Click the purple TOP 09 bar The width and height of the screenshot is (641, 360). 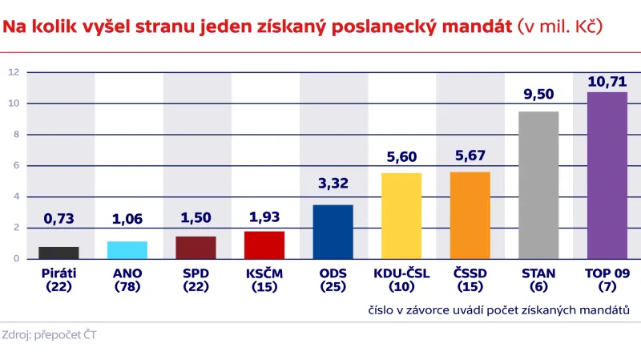click(x=607, y=175)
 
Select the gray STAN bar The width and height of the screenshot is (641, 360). click(x=538, y=184)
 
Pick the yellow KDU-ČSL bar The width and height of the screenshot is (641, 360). click(x=401, y=215)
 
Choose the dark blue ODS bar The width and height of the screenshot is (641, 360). click(x=333, y=231)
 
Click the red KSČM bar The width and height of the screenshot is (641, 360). click(x=264, y=245)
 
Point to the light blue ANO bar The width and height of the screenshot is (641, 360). click(x=127, y=249)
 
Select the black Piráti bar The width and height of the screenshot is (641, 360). click(x=58, y=252)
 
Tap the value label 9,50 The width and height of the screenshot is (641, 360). click(x=538, y=95)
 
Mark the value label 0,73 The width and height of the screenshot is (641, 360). click(x=58, y=218)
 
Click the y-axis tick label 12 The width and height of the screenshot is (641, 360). click(x=14, y=72)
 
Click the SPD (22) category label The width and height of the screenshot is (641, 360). click(x=196, y=280)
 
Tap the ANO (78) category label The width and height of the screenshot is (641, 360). click(x=127, y=280)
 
